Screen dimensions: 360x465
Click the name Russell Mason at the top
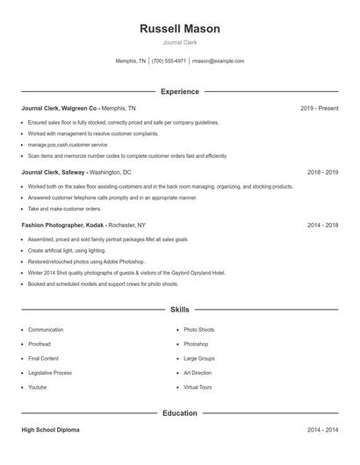coord(179,29)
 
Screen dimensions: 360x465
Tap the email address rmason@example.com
coord(218,61)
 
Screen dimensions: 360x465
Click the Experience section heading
coord(179,91)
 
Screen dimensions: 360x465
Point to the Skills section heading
coord(179,310)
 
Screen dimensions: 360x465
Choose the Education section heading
coord(179,412)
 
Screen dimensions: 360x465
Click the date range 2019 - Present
coord(319,109)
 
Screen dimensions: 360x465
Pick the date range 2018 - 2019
coord(323,173)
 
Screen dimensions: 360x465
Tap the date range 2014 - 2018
coord(323,225)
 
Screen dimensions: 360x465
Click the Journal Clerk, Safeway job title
coord(54,173)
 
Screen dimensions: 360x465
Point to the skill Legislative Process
coord(50,373)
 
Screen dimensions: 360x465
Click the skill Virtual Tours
coord(198,387)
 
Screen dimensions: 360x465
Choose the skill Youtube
coord(38,387)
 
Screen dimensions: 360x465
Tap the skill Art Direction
coord(198,373)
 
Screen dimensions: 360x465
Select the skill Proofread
coord(40,344)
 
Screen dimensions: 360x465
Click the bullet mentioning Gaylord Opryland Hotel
coord(126,273)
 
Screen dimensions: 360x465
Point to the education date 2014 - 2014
coord(323,431)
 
